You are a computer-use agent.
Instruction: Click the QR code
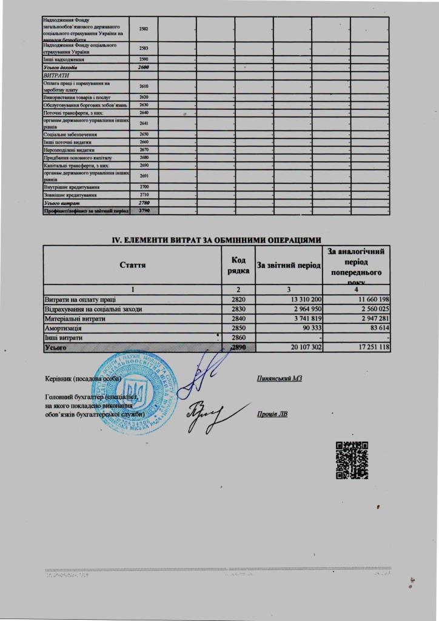click(x=352, y=461)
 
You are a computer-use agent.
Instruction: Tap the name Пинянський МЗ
click(x=280, y=378)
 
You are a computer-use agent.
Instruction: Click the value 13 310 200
click(x=304, y=300)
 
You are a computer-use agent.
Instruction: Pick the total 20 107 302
click(x=301, y=348)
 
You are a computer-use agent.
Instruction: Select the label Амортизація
click(x=63, y=329)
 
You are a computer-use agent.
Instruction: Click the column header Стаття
click(x=132, y=265)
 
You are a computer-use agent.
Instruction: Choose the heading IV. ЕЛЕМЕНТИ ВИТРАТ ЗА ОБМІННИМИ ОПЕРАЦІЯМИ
click(x=216, y=241)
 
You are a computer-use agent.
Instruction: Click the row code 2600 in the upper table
click(x=144, y=67)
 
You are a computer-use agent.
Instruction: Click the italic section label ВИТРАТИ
click(x=53, y=76)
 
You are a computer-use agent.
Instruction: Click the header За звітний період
click(x=289, y=265)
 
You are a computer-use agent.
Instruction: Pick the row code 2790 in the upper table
click(x=144, y=210)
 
